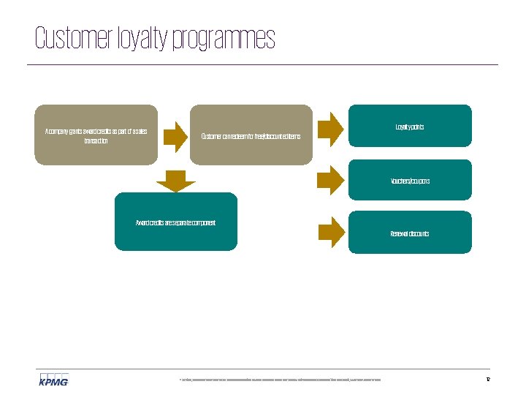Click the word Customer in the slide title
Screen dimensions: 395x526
(x=74, y=39)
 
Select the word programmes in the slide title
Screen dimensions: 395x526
(x=224, y=39)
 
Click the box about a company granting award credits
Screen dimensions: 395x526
(x=96, y=135)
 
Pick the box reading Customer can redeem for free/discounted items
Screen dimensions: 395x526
(x=251, y=135)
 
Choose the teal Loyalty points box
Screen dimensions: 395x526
(x=409, y=126)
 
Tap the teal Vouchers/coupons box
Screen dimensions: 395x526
(x=409, y=180)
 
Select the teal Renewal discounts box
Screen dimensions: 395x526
(x=409, y=233)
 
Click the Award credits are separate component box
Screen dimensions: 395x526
(x=175, y=222)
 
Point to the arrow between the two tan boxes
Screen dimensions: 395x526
(x=175, y=135)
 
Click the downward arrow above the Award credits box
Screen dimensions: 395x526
(x=175, y=181)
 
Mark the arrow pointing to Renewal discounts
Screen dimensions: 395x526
(x=331, y=232)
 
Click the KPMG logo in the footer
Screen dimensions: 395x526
(x=53, y=379)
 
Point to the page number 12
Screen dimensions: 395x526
(x=487, y=379)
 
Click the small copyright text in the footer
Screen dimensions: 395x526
(x=280, y=380)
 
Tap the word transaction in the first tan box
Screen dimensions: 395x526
(x=96, y=140)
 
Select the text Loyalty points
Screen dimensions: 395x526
(x=409, y=127)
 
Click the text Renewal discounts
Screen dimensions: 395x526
(x=409, y=234)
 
